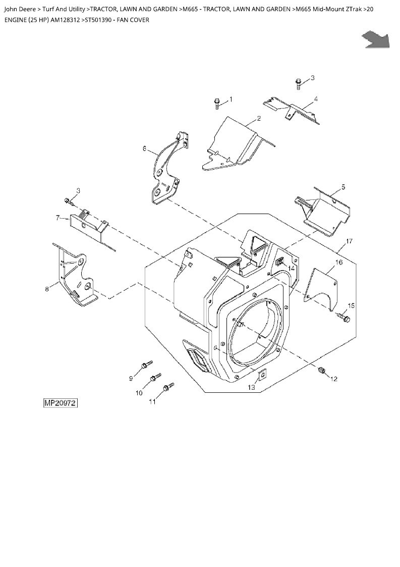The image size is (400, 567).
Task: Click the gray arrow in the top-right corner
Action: (x=376, y=39)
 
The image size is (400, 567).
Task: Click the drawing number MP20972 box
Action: (x=61, y=403)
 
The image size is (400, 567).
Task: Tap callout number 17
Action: (x=349, y=241)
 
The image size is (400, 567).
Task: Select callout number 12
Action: (x=334, y=379)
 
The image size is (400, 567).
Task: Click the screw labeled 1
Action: (x=217, y=103)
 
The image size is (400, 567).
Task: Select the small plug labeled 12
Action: (x=322, y=370)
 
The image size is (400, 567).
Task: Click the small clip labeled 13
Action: (x=262, y=376)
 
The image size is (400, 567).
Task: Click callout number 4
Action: (x=316, y=98)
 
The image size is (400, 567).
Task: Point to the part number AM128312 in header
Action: (x=66, y=20)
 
